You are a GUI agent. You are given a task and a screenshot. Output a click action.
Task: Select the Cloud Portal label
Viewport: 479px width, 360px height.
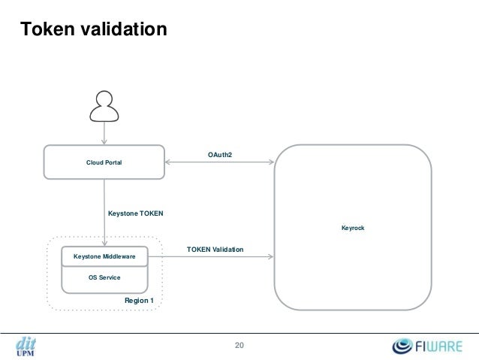click(104, 162)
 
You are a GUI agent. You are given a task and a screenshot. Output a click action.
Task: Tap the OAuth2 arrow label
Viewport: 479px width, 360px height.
click(220, 155)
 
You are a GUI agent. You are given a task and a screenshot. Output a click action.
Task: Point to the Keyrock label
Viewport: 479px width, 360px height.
click(352, 228)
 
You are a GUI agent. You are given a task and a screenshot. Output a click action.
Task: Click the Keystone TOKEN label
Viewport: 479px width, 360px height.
click(135, 213)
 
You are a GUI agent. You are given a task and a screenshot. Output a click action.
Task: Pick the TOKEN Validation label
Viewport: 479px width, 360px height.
click(215, 249)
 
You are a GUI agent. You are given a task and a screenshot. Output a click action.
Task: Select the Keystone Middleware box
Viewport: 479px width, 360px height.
click(104, 257)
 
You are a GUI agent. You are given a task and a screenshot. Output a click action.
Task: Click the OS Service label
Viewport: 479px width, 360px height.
click(104, 278)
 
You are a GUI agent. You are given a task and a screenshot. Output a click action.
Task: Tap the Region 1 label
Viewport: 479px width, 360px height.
click(139, 301)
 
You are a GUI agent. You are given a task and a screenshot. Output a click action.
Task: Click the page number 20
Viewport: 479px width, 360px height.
click(239, 346)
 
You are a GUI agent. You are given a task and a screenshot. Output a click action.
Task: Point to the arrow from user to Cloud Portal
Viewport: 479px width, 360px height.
click(104, 134)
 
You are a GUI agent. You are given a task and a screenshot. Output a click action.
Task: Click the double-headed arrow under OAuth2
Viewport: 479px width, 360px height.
click(220, 161)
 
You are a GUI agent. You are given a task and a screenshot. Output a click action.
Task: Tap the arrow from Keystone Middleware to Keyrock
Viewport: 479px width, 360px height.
click(211, 256)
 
